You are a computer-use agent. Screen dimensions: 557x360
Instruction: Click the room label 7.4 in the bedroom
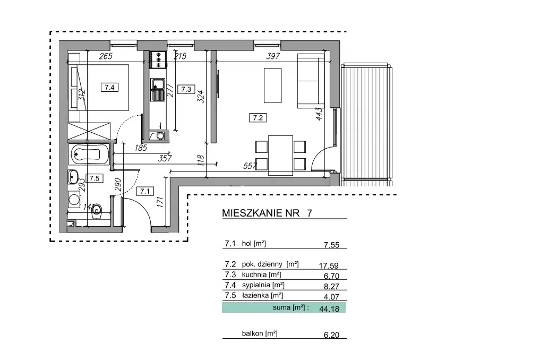pyautogui.click(x=109, y=87)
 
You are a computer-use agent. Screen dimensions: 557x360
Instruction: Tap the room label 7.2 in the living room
pyautogui.click(x=258, y=118)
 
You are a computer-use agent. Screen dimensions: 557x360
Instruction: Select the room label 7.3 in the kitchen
pyautogui.click(x=186, y=89)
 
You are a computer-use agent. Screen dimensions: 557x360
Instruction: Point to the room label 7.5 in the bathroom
pyautogui.click(x=95, y=178)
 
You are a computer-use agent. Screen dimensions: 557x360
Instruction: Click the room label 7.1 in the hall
pyautogui.click(x=145, y=191)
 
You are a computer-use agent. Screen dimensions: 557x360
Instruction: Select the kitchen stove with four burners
pyautogui.click(x=158, y=59)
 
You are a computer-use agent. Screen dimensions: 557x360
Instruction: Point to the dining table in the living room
pyautogui.click(x=280, y=155)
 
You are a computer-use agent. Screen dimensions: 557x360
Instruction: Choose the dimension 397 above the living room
pyautogui.click(x=273, y=56)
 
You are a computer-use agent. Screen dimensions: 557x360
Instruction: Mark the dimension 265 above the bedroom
pyautogui.click(x=106, y=56)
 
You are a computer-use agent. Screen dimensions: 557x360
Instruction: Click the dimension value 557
pyautogui.click(x=250, y=166)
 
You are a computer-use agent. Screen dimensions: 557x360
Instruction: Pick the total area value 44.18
pyautogui.click(x=329, y=309)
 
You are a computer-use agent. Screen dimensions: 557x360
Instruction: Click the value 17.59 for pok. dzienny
pyautogui.click(x=329, y=265)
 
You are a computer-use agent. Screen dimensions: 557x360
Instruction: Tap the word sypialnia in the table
pyautogui.click(x=256, y=285)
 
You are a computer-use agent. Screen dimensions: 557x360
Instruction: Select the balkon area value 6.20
pyautogui.click(x=331, y=335)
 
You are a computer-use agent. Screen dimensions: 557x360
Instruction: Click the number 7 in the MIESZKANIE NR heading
pyautogui.click(x=310, y=213)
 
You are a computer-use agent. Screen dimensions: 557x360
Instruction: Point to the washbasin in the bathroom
pyautogui.click(x=73, y=175)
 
